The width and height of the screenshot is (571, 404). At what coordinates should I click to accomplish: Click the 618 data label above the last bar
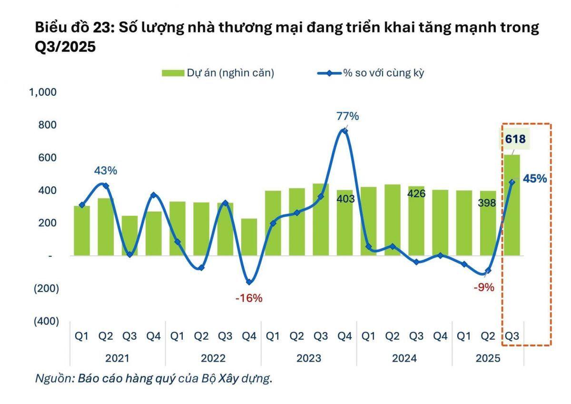[x=515, y=140]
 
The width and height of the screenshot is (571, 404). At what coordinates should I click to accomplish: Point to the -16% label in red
[x=249, y=298]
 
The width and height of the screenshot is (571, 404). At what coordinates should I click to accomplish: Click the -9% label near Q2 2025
[x=484, y=287]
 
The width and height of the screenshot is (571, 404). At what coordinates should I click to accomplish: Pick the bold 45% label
[x=534, y=179]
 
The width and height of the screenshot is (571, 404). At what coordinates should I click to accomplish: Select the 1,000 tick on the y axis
[x=44, y=92]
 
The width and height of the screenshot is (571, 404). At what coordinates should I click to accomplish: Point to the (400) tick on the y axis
[x=46, y=322]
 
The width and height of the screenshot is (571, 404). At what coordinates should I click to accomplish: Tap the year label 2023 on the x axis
[x=308, y=358]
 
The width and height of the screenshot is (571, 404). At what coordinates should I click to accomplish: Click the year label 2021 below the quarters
[x=117, y=358]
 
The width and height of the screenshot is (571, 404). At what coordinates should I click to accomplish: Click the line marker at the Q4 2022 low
[x=249, y=282]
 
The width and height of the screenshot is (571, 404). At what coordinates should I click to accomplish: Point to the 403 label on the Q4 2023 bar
[x=345, y=199]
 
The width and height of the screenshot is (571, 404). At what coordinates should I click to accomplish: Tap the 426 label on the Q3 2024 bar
[x=416, y=194]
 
